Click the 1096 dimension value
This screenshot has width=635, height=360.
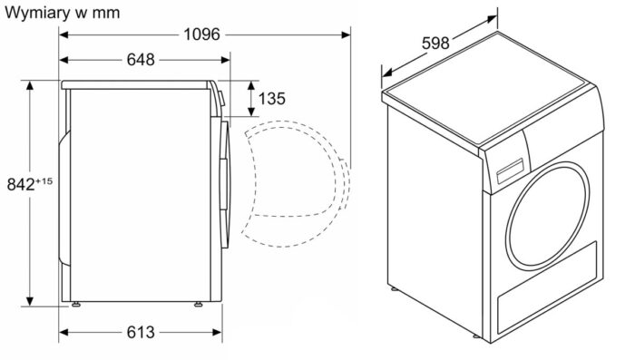click(201, 34)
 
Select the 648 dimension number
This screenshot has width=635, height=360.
click(141, 60)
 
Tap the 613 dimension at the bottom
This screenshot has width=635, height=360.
click(141, 333)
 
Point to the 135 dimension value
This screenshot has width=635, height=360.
click(272, 99)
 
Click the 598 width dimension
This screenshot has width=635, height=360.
click(435, 43)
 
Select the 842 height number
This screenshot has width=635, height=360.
click(21, 185)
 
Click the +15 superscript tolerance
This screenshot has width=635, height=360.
click(44, 181)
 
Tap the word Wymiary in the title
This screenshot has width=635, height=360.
click(37, 13)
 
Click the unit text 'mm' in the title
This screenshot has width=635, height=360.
click(106, 14)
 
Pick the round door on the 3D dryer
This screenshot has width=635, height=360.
click(548, 216)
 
